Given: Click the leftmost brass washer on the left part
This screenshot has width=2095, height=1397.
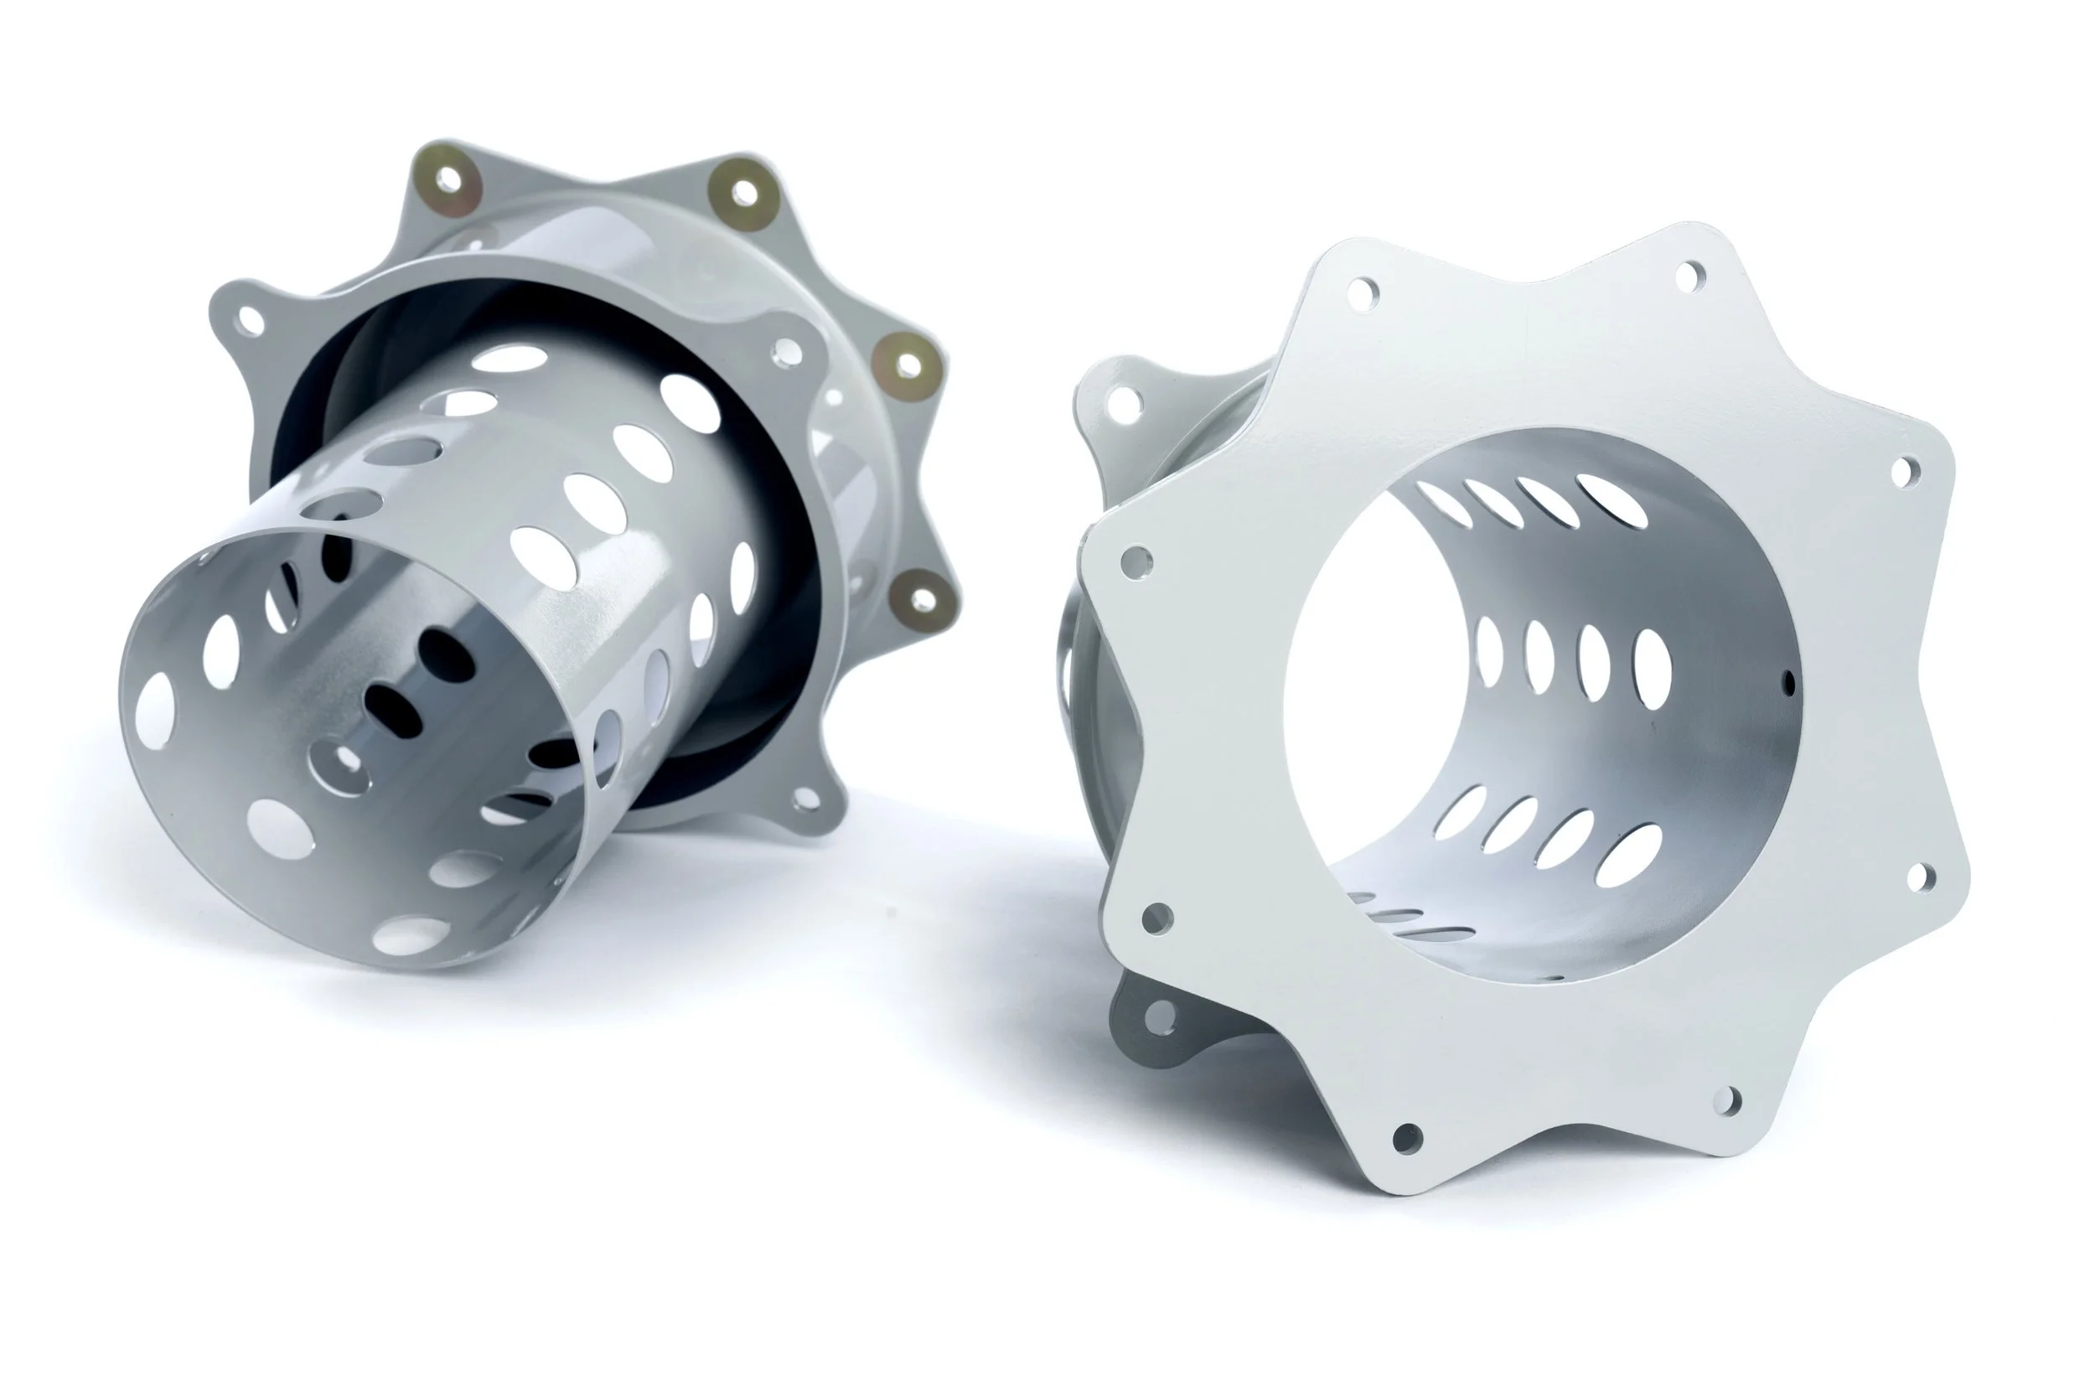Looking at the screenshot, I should [x=449, y=182].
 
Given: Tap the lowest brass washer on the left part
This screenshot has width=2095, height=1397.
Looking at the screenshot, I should [x=923, y=599].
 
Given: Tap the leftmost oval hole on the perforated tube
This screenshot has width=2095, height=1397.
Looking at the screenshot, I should [x=155, y=704].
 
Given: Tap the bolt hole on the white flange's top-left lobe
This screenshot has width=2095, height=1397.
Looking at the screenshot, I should [x=1362, y=293].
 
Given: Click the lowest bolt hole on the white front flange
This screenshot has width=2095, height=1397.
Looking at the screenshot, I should [x=1407, y=1138].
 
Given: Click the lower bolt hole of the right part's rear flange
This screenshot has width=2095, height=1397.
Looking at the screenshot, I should [x=1159, y=1017].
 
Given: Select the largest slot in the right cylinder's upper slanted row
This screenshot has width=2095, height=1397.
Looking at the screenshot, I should [x=1611, y=499].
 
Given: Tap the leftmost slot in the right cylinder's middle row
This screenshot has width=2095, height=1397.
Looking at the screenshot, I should [x=1489, y=652].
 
